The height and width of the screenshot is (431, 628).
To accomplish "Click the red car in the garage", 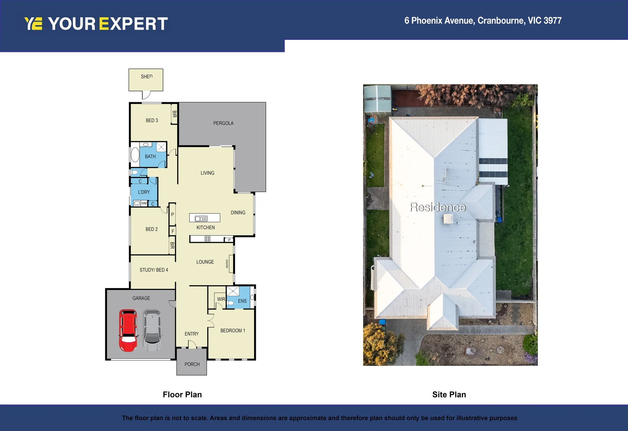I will pos(128,330).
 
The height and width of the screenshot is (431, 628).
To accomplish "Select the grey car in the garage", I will pos(152,330).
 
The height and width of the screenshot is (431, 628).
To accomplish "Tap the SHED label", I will pos(146,77).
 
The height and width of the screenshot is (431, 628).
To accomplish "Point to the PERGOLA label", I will pos(223,123).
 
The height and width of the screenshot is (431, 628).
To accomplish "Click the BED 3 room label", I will pos(152,121).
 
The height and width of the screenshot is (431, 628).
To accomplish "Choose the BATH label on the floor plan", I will pos(150,156).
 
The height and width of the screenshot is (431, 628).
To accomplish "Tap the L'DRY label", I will pos(144,192).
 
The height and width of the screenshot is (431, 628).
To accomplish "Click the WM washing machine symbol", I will pos(144,204).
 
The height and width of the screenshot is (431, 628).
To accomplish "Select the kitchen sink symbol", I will pos(201,218).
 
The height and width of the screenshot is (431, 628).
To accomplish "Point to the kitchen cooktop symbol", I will pos(207,239).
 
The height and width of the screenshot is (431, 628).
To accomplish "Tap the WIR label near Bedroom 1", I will pos(221,299).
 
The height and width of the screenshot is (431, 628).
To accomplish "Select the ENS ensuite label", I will pos(242,301).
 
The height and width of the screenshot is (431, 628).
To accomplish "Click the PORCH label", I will pos(192,364).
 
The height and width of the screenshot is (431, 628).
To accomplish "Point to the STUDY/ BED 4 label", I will pos(154,270).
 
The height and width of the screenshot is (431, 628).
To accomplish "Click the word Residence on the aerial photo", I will pos(438,207).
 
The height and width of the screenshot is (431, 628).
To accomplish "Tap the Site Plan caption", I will pos(449,395).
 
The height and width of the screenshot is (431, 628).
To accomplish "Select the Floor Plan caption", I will pos(182,395).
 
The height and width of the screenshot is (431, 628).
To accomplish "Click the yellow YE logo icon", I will pos(33,24).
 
